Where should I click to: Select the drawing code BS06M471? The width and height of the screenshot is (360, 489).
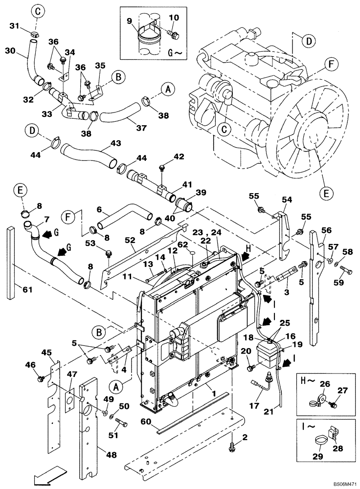click(340, 484)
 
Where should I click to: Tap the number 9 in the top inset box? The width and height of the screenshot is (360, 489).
click(130, 21)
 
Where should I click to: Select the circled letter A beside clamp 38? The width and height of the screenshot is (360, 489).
click(167, 89)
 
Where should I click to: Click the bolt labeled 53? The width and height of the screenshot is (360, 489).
click(109, 253)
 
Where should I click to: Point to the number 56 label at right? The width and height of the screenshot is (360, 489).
click(327, 230)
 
